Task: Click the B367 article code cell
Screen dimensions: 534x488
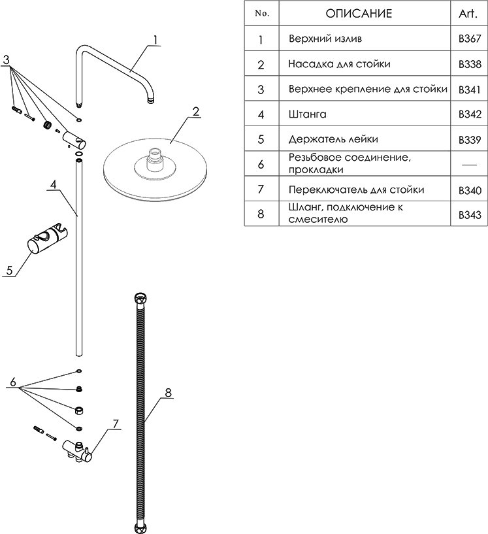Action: [x=470, y=39]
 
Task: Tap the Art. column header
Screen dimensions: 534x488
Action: [x=469, y=13]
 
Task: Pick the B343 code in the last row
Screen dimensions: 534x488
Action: [x=470, y=214]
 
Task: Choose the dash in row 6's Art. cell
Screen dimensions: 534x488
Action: [x=469, y=164]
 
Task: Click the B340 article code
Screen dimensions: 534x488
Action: [x=470, y=190]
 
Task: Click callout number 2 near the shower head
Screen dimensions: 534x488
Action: [x=195, y=112]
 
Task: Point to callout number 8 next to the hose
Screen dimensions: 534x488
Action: [x=168, y=393]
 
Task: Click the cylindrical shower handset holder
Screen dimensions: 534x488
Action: [x=44, y=241]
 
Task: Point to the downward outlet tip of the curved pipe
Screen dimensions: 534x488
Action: [x=150, y=100]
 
